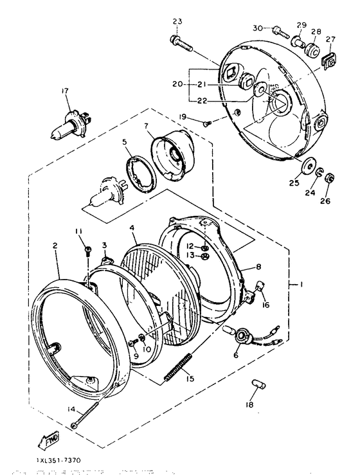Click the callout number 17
[64, 91]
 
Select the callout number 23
[177, 21]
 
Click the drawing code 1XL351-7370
[54, 461]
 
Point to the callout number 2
[55, 246]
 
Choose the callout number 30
[257, 28]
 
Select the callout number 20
[177, 84]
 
